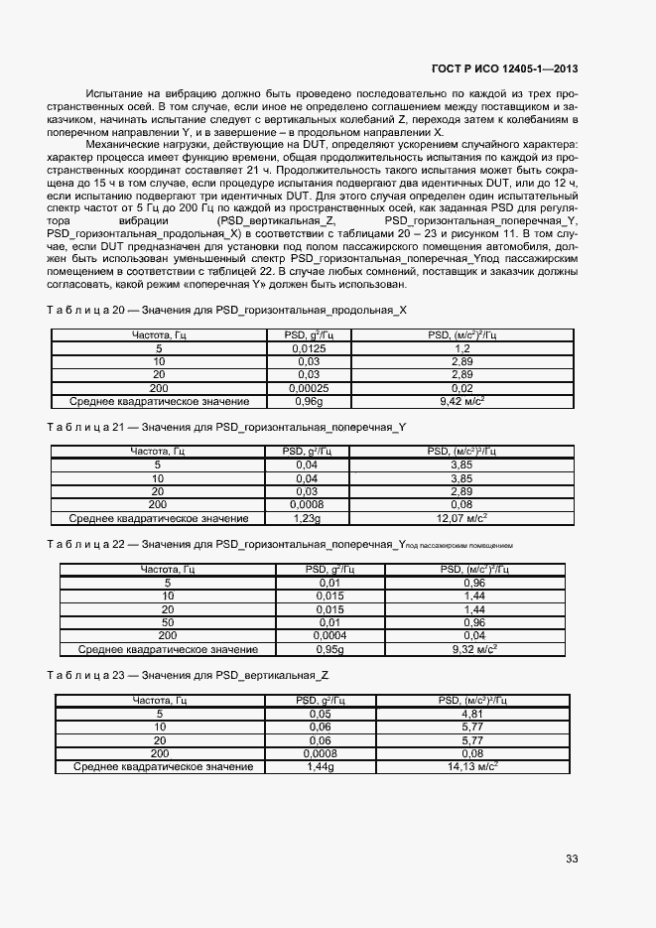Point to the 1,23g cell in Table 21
(x=306, y=517)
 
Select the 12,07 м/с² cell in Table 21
(x=461, y=517)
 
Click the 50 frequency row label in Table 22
(x=168, y=622)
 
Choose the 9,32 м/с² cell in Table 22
(x=474, y=649)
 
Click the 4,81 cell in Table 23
(x=472, y=714)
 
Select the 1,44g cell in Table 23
(x=320, y=766)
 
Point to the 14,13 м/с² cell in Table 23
(x=472, y=766)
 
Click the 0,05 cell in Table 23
(x=320, y=714)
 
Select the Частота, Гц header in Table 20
(x=159, y=336)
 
